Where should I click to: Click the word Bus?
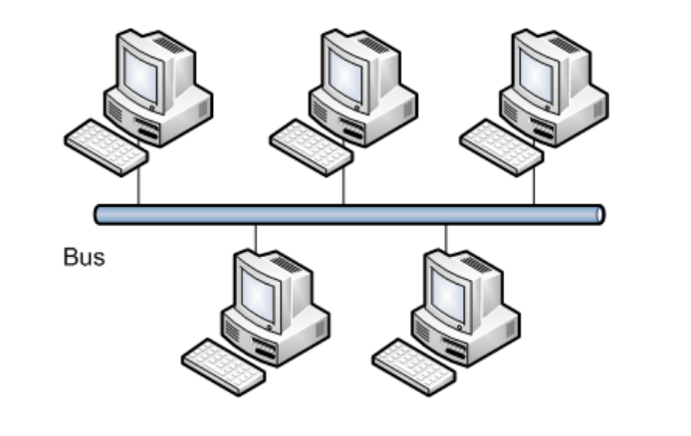84,257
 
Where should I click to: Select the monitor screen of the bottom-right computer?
449,293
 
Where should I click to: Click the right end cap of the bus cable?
598,214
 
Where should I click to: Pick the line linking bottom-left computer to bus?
256,237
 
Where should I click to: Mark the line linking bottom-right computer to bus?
446,237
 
